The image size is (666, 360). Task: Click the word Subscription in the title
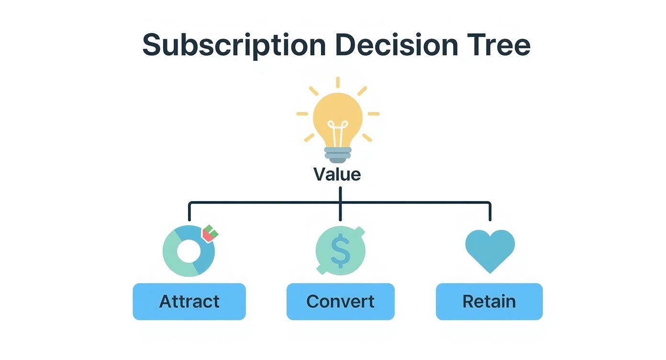(234, 45)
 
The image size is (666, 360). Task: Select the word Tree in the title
(499, 45)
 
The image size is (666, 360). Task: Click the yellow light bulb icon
(337, 117)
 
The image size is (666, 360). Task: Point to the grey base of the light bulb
(338, 155)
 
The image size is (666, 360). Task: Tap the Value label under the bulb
(337, 174)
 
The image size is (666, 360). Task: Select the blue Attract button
(189, 302)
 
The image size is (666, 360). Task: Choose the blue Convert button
(340, 302)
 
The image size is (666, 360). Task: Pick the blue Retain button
(489, 302)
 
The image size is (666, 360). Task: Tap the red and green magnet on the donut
(210, 234)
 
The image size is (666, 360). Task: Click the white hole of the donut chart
(188, 250)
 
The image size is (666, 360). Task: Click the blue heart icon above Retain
(490, 249)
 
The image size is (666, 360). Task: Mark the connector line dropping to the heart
(490, 212)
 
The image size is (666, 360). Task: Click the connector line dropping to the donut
(189, 212)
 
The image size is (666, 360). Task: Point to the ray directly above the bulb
(338, 82)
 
